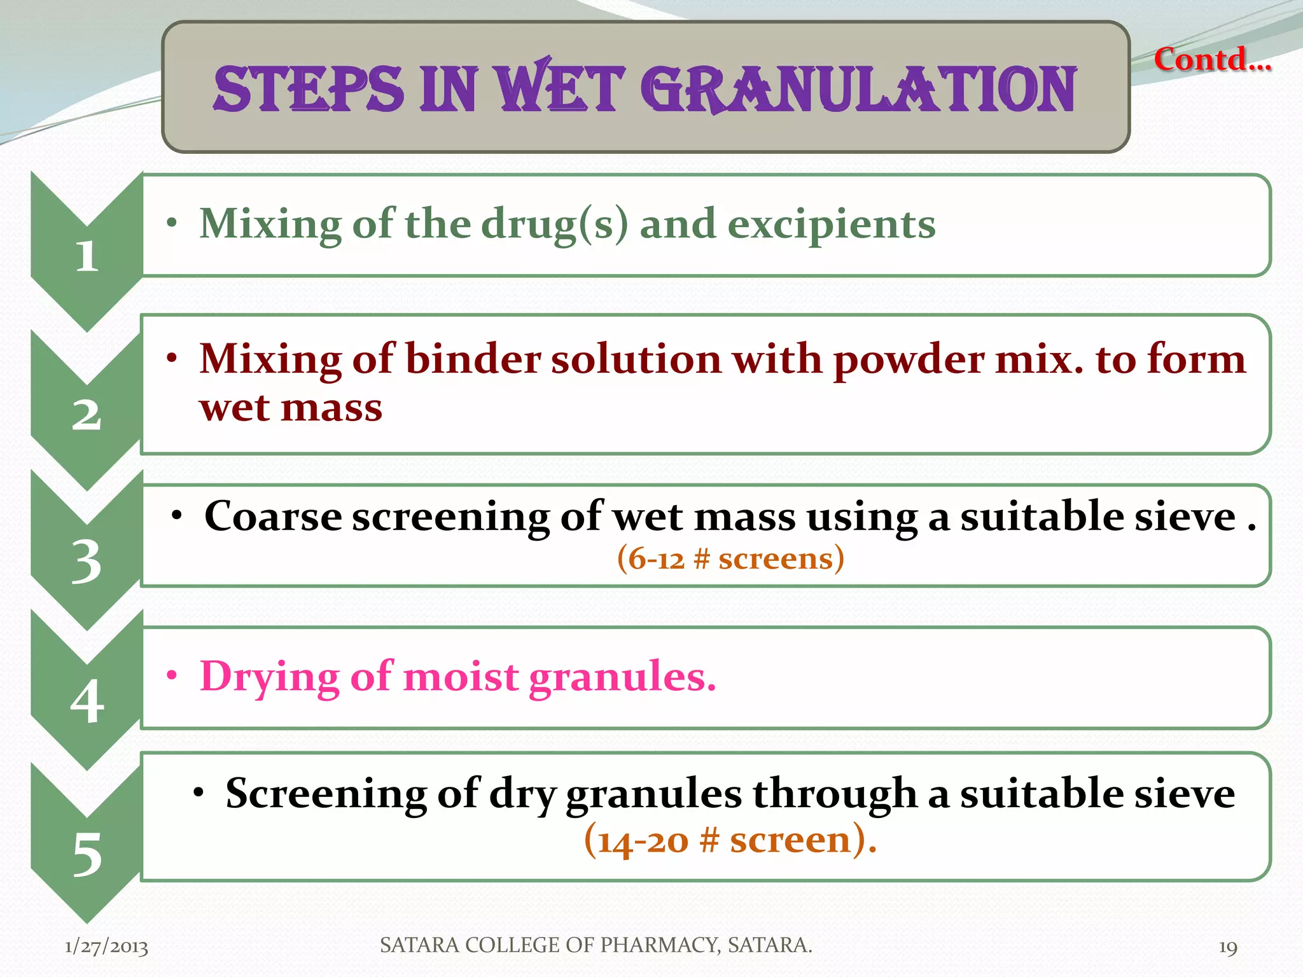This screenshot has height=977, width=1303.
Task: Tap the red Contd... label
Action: tap(1212, 60)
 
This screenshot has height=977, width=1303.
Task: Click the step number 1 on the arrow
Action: tap(87, 256)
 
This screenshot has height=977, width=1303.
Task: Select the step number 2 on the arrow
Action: tap(87, 415)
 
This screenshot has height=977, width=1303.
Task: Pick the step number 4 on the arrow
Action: tap(87, 702)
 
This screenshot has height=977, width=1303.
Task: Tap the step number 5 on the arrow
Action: tap(87, 854)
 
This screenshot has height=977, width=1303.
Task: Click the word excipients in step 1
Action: tap(832, 225)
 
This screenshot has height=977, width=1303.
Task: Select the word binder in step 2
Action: tap(472, 359)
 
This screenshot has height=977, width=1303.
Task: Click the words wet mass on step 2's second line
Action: tap(291, 407)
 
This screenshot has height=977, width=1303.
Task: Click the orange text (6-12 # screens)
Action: tap(730, 558)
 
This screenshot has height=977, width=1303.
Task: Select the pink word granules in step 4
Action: tap(622, 676)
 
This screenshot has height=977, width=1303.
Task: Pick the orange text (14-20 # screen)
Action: tap(730, 840)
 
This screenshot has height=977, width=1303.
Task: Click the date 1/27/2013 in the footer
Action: tap(106, 946)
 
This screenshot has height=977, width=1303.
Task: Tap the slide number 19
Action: tap(1227, 947)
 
